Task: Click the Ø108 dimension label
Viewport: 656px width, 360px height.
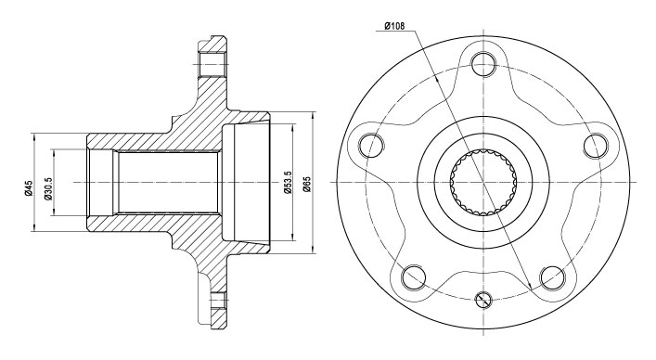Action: [393, 26]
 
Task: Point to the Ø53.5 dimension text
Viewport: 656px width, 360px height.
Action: [288, 182]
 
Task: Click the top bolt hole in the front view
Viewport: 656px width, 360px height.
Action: [483, 64]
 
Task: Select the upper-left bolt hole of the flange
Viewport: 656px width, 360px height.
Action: [371, 145]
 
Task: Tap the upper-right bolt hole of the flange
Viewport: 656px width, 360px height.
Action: [595, 145]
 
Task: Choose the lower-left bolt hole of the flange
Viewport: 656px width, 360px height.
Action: [414, 276]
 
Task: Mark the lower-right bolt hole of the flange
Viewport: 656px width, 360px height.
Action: [552, 276]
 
